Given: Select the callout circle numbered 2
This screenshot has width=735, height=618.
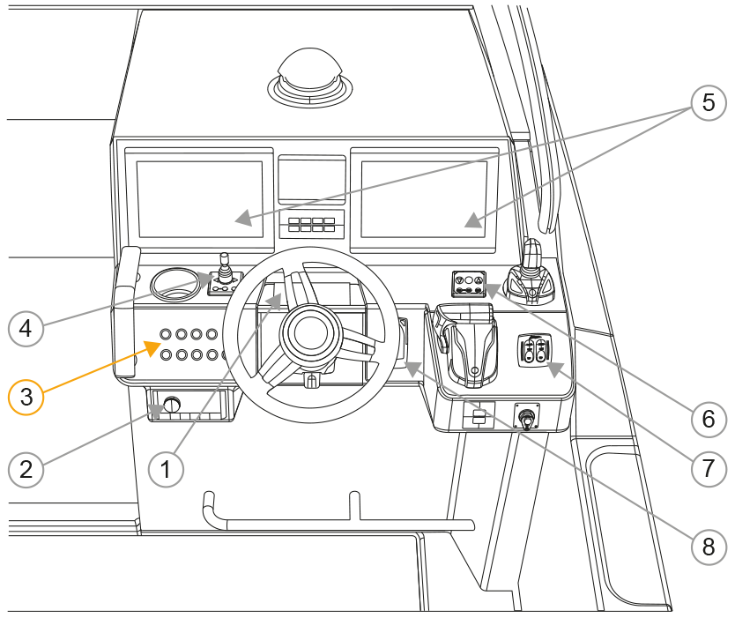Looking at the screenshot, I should (x=26, y=468).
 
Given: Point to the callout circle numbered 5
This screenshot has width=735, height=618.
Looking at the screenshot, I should (x=707, y=103).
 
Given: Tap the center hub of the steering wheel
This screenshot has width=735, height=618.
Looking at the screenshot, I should (x=309, y=334).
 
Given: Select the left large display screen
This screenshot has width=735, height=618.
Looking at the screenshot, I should (x=200, y=199).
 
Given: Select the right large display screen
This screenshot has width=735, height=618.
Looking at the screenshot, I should (x=424, y=199).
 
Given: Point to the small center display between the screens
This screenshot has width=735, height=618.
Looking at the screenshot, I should (x=312, y=181).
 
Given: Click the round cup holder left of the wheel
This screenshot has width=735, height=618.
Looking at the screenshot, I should (x=175, y=282).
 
